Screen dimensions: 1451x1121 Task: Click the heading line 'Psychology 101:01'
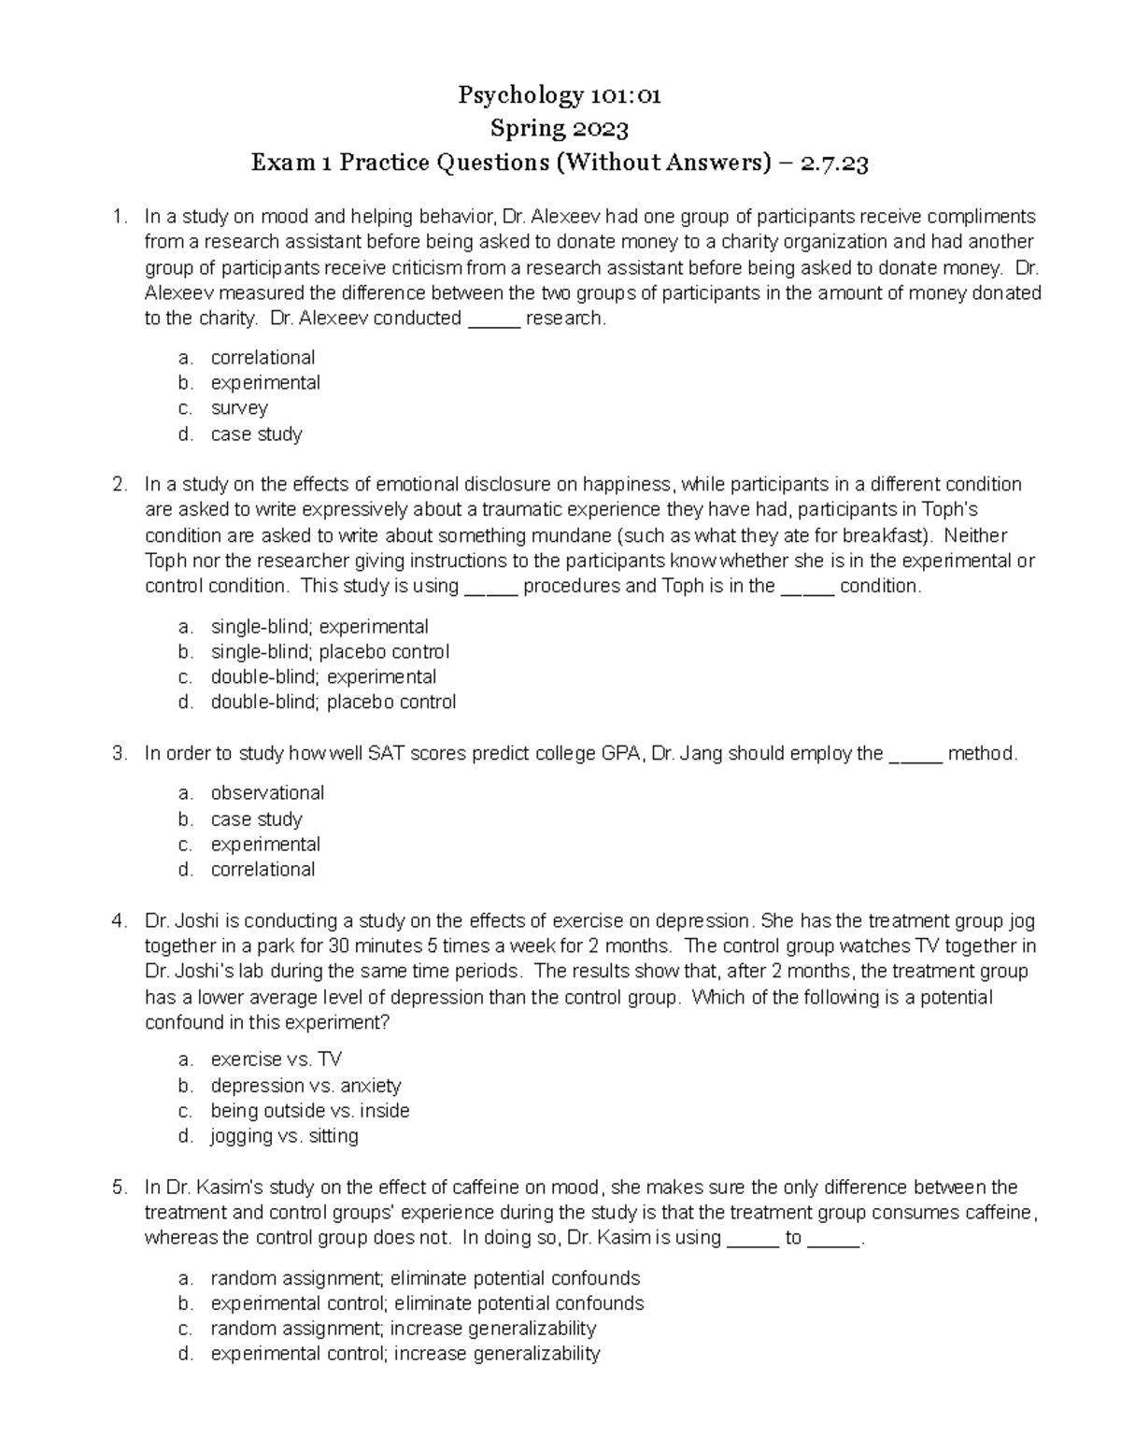[560, 95]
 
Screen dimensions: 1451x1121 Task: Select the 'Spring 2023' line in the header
[560, 129]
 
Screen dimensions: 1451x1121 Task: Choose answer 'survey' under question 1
[239, 408]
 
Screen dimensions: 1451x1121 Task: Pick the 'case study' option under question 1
[256, 434]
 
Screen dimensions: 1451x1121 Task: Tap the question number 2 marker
[119, 485]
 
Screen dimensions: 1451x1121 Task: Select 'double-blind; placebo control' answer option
[333, 703]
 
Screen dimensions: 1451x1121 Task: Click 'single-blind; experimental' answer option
[319, 627]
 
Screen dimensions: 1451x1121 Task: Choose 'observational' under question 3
[267, 793]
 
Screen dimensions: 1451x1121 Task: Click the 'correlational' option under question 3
[263, 870]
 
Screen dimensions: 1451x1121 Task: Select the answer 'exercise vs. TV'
[276, 1060]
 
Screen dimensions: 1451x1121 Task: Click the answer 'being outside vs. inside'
[309, 1111]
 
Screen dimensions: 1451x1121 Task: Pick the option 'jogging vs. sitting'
[284, 1137]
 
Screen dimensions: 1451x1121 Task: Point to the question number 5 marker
[119, 1188]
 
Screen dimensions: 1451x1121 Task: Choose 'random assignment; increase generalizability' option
[403, 1329]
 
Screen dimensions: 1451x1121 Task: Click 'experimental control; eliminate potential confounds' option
[427, 1303]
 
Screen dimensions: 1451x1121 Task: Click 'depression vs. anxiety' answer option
[305, 1086]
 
